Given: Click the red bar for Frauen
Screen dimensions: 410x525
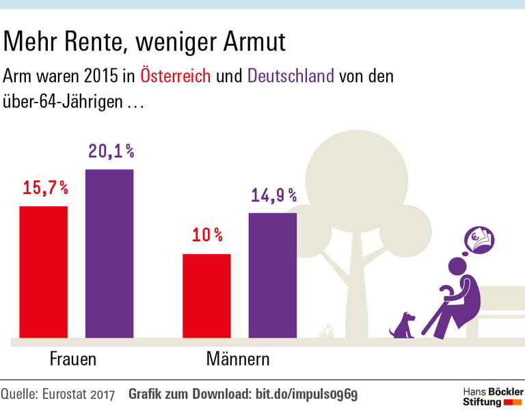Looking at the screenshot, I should pos(43,271).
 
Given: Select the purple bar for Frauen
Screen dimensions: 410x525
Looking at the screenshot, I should pos(109,254).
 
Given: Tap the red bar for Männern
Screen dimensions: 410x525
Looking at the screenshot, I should pos(206,295).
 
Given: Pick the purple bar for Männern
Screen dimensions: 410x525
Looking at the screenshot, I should pos(272,275).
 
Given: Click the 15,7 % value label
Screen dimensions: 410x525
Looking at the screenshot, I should pos(45,188).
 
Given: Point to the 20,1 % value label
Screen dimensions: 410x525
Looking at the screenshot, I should pos(111,151).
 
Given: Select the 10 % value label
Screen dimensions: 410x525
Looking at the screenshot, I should pos(207,236).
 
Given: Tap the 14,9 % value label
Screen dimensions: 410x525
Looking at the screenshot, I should pos(273,195).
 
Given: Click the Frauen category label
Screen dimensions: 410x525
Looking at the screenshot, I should pos(72,359).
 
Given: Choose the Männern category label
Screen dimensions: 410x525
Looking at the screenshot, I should pos(238,359).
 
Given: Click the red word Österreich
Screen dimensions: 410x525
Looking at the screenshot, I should pos(176,75).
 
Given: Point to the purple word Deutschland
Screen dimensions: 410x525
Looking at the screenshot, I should pos(291,75).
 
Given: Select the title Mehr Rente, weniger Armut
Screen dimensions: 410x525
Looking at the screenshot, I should pos(144,42).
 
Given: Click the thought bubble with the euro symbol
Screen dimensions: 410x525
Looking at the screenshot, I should pos(478,240).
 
